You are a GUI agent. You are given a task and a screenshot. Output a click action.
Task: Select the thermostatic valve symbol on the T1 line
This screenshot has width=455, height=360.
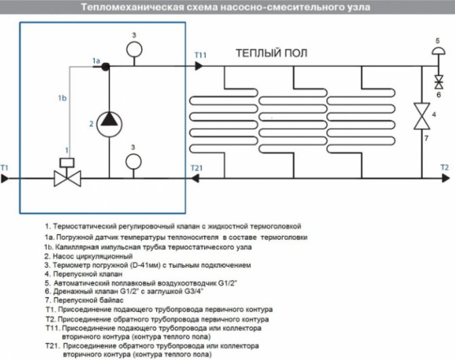coord(67,178)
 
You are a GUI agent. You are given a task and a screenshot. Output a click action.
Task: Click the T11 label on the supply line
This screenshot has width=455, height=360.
coord(201,54)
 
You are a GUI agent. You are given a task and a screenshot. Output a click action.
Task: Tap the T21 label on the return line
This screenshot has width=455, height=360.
coord(196,167)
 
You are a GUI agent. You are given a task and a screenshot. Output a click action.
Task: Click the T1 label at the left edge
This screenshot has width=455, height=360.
coord(5,167)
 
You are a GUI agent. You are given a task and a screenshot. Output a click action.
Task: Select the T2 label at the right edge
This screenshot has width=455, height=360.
coord(444,167)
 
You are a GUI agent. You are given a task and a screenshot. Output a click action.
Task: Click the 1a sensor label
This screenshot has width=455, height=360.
coord(96,60)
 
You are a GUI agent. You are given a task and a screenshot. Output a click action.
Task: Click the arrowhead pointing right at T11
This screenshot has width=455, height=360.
coord(199,66)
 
